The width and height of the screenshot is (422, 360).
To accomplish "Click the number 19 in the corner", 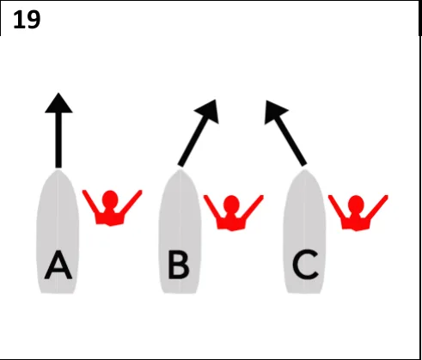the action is coord(27,20).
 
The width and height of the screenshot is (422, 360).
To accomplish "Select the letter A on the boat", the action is coord(58,265).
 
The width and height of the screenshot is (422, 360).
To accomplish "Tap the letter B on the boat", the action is coord(179,265).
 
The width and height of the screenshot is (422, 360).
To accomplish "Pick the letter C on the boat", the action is coord(305,265).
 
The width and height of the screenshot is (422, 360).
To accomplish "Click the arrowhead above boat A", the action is coord(58,103).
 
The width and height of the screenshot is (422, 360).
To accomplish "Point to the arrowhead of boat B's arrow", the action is coord(208,111).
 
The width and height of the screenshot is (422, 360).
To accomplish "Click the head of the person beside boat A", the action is coord(110,199).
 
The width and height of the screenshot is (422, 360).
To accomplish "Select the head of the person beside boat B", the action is coord(231,204).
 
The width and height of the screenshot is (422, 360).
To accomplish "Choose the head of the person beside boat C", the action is coord(356,204).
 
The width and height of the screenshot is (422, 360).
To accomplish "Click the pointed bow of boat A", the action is coord(58,171).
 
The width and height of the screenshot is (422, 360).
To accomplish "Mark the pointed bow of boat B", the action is coord(180,171).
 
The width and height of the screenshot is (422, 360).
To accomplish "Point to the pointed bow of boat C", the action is coord(304,171).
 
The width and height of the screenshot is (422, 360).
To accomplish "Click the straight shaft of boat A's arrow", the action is coord(58,140).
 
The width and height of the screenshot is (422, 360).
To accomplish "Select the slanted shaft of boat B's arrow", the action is coord(193,141).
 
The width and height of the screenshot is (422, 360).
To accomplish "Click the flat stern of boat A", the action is coord(58,292).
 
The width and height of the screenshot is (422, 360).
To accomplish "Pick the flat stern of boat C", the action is coord(304,292).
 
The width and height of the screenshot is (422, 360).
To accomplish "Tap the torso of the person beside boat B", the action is coord(231,222).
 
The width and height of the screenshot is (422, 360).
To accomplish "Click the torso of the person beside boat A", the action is coord(110,217).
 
